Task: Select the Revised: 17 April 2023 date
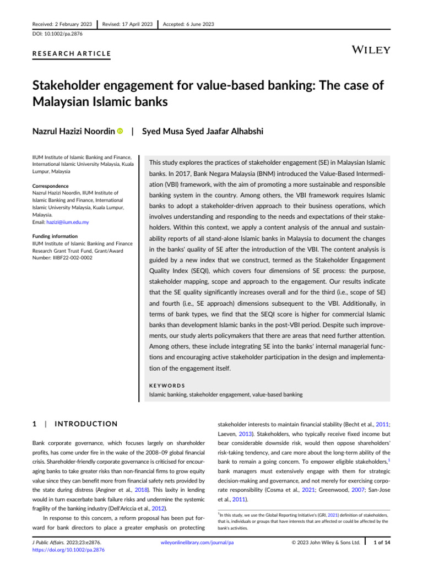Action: (x=127, y=24)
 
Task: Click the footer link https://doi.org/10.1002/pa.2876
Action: (x=68, y=550)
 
